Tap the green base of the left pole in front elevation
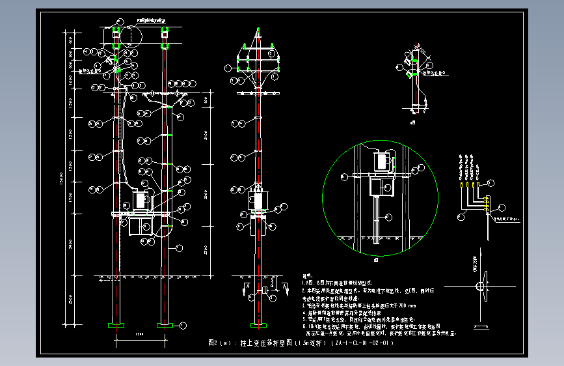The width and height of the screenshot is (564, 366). (117, 324)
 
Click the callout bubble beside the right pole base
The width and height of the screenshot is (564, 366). (183, 324)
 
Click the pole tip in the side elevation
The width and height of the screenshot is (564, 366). (258, 29)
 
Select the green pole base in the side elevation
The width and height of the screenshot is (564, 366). (259, 324)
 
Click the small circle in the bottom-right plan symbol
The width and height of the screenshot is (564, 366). (481, 287)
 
